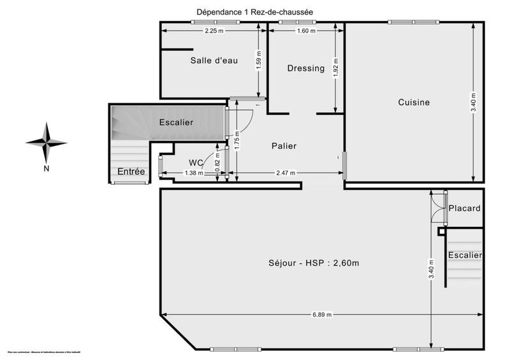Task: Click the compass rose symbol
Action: click(47, 143)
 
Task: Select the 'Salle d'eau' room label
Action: click(214, 61)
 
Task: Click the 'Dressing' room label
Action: click(305, 68)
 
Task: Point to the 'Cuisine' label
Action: click(414, 102)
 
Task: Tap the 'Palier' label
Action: click(283, 146)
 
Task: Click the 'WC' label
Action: click(196, 162)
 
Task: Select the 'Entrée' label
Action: click(131, 171)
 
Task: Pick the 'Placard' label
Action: click(464, 208)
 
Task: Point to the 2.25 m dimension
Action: click(214, 31)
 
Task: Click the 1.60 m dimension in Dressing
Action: click(306, 31)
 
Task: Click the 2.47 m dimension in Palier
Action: click(287, 173)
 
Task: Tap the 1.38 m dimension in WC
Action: click(193, 173)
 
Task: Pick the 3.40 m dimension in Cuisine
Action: click(473, 102)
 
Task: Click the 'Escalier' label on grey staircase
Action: click(176, 122)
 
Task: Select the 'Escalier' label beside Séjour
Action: click(464, 255)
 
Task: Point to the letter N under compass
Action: click(47, 168)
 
